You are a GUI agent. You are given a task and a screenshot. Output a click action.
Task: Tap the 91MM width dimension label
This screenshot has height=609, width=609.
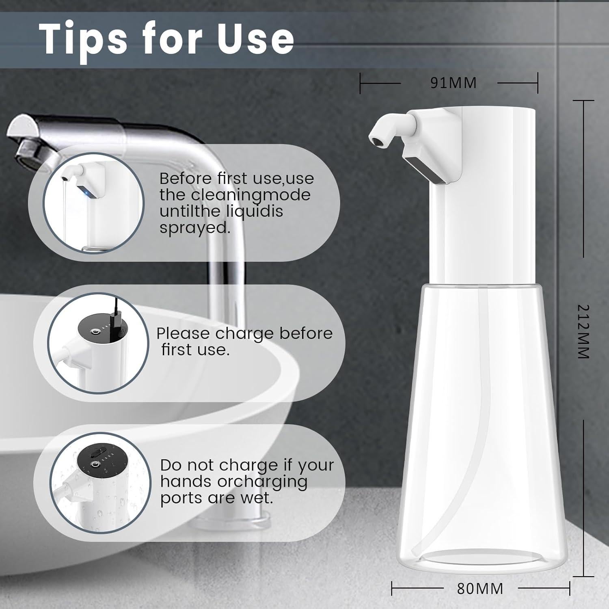[453, 83]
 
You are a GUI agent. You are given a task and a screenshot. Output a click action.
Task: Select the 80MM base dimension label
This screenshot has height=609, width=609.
[480, 588]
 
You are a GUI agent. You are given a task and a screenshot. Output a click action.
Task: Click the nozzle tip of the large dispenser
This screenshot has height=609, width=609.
[377, 141]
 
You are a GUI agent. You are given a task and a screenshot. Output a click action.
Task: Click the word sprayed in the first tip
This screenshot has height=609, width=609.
[194, 228]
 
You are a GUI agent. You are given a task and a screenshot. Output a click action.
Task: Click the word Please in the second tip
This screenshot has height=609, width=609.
[184, 333]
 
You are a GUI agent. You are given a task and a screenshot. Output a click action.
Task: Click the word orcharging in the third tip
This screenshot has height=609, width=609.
[262, 482]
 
